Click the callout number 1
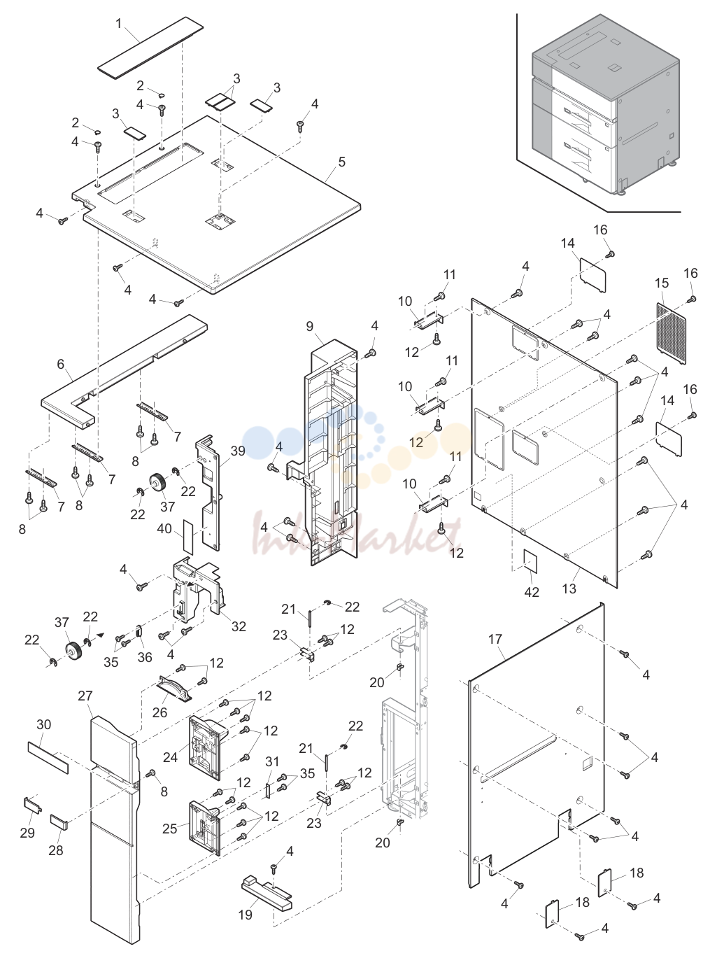pyautogui.click(x=118, y=24)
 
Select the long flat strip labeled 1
pyautogui.click(x=150, y=48)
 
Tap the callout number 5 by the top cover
pyautogui.click(x=342, y=162)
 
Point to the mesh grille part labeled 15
pyautogui.click(x=672, y=333)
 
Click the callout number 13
pyautogui.click(x=569, y=589)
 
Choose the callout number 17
pyautogui.click(x=495, y=640)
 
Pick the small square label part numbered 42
pyautogui.click(x=531, y=561)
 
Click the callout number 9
pyautogui.click(x=310, y=326)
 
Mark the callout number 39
pyautogui.click(x=238, y=451)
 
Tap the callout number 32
pyautogui.click(x=239, y=626)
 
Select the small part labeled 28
pyautogui.click(x=59, y=822)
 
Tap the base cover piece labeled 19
pyautogui.click(x=267, y=892)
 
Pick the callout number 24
pyautogui.click(x=170, y=756)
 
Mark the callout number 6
pyautogui.click(x=61, y=364)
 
